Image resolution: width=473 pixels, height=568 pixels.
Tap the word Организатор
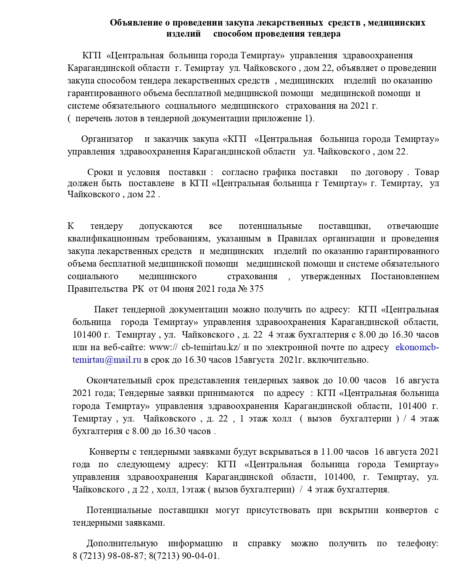pos(107,139)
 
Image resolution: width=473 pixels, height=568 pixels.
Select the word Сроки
pos(100,172)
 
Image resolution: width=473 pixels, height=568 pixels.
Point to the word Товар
pos(426,172)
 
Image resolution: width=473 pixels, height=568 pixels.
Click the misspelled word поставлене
pos(151,183)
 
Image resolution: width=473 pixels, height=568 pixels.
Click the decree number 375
pos(256,289)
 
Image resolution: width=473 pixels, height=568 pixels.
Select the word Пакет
pos(106,310)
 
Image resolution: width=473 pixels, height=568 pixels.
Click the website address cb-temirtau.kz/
pos(211,348)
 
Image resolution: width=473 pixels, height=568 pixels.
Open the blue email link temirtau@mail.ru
pos(107,360)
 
